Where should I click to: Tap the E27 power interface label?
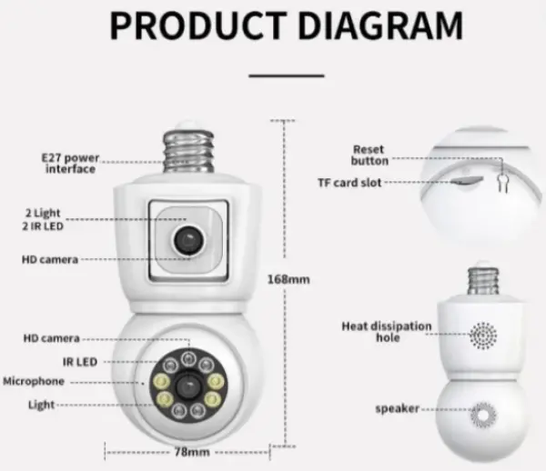[x=69, y=163]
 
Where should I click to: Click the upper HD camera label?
[x=49, y=259]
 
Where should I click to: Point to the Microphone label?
[x=34, y=381]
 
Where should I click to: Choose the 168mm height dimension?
[x=287, y=279]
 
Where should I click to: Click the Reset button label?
[x=369, y=155]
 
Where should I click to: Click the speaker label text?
[x=397, y=409]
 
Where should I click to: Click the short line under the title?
[x=287, y=76]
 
